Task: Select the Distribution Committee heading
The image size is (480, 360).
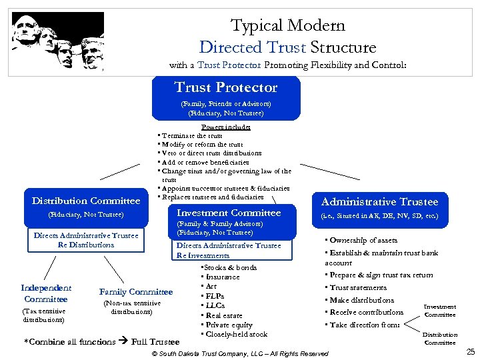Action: (x=86, y=201)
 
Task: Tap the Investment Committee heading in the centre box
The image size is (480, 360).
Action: (x=229, y=213)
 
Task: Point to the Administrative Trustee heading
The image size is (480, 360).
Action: (x=379, y=202)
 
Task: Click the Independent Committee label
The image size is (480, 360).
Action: (x=46, y=293)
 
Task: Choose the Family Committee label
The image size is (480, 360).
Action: (x=136, y=291)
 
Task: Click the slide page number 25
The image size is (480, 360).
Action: (x=470, y=352)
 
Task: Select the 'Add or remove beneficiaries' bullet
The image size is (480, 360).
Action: (x=204, y=162)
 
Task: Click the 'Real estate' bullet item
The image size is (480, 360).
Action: (x=224, y=315)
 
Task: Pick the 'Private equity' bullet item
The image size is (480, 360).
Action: (x=229, y=325)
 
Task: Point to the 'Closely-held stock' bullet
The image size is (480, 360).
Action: (x=236, y=334)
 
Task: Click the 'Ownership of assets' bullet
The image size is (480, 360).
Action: (x=363, y=240)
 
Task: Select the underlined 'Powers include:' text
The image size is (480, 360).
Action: (x=225, y=127)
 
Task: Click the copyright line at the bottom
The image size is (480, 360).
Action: (x=240, y=353)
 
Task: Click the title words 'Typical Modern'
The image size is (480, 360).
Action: (x=287, y=26)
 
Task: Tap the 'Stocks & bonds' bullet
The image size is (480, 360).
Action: (x=231, y=267)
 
